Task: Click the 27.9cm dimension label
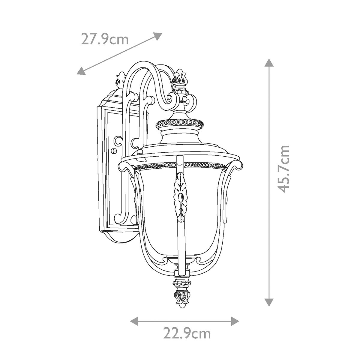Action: (105, 39)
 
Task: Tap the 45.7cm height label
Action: (284, 169)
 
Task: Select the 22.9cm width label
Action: (187, 333)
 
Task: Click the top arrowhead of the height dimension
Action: (269, 62)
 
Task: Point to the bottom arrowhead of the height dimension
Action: (269, 302)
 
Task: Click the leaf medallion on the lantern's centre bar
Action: (181, 198)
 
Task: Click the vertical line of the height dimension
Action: (269, 180)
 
